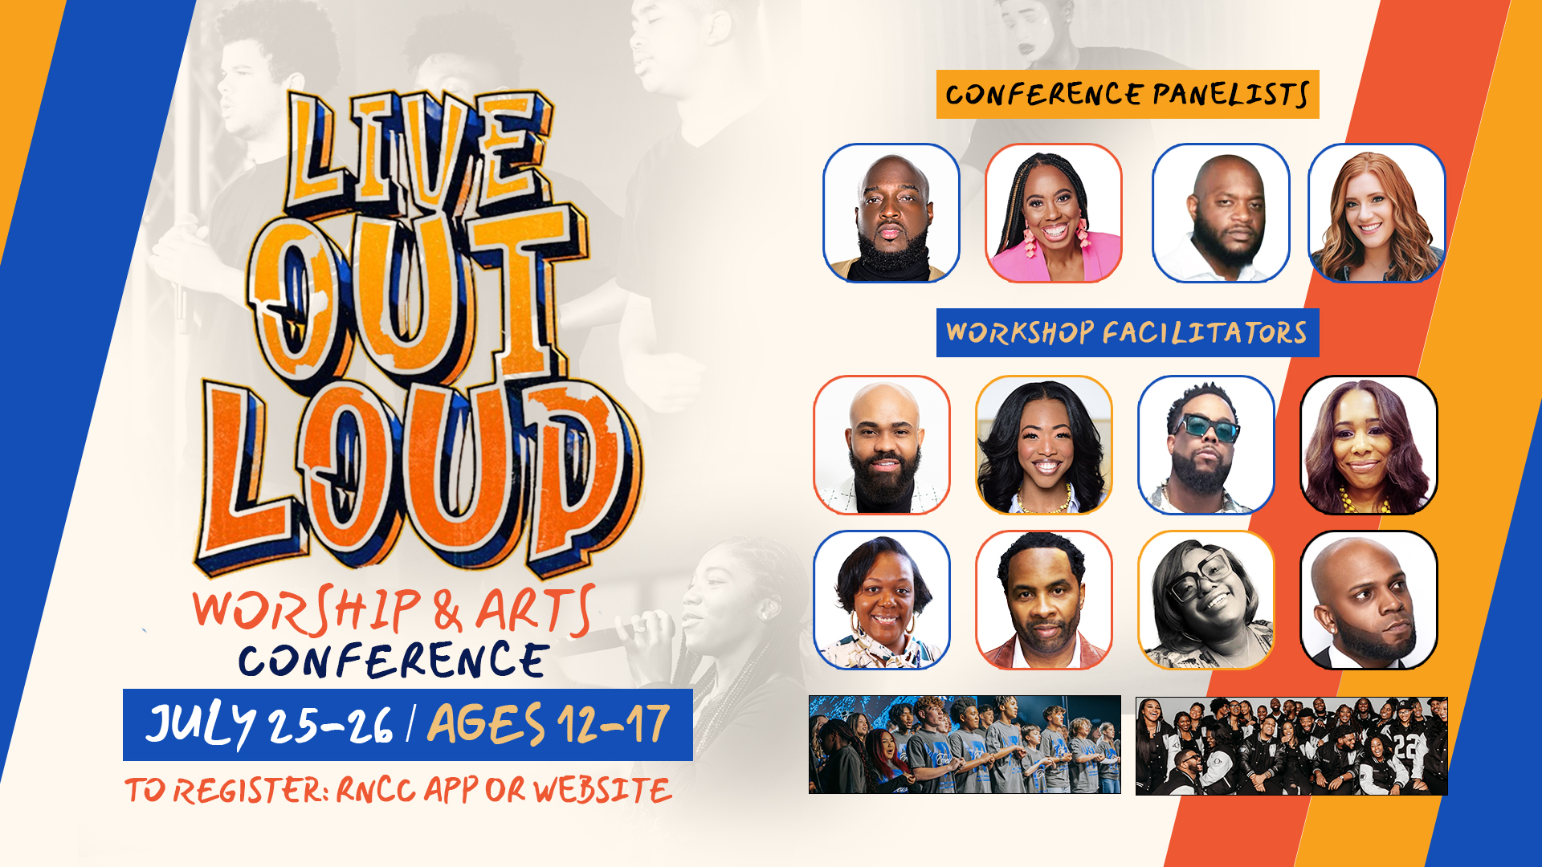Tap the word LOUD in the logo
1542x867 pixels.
pos(418,478)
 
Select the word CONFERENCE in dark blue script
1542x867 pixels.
pos(394,661)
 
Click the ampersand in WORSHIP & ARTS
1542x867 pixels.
pos(448,612)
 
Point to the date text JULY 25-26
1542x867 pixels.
pos(269,725)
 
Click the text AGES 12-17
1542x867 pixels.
pos(549,724)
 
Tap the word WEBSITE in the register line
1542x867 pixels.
pos(602,791)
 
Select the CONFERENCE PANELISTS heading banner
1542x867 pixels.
pos(1128,95)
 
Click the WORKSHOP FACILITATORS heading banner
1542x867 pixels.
pos(1128,332)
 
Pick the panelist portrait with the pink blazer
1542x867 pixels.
pos(1054,214)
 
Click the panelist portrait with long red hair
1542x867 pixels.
pos(1377,214)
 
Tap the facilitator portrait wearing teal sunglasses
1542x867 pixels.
pos(1206,445)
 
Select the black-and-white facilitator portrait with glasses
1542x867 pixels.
pos(1206,600)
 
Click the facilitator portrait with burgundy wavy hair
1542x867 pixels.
pos(1369,445)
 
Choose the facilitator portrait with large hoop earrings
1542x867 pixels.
pos(882,600)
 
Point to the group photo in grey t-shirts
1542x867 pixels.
pos(965,745)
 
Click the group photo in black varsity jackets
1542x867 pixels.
pos(1291,746)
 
